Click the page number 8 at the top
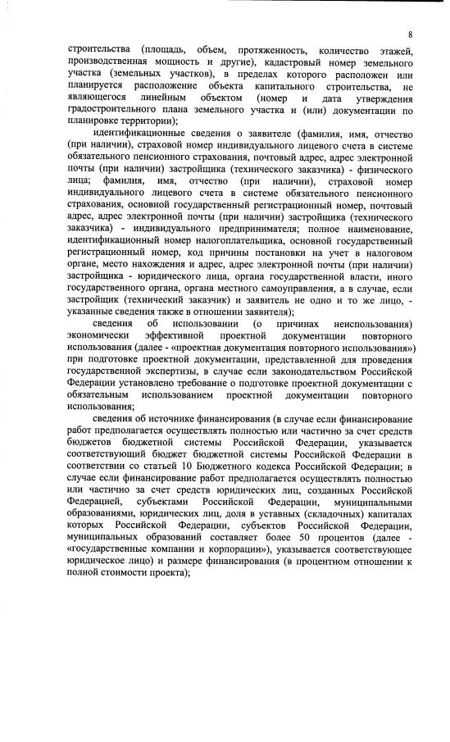tap(410, 34)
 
